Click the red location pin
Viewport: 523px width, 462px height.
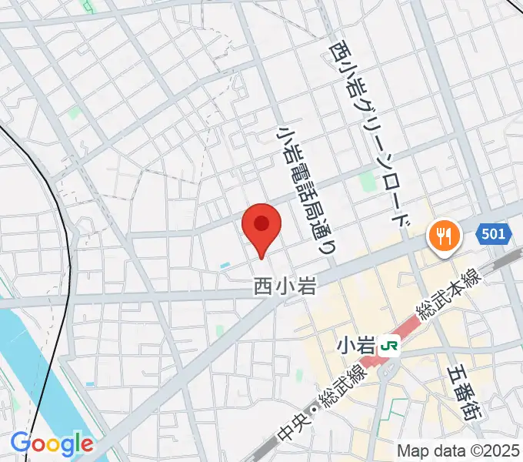click(261, 229)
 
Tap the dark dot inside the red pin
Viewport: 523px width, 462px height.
click(261, 224)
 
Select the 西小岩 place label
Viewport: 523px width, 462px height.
click(285, 287)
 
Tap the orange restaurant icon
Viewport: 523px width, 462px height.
click(444, 235)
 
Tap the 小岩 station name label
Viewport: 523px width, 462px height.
click(353, 346)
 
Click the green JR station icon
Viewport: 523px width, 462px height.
click(391, 346)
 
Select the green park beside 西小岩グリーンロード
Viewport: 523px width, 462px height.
click(367, 182)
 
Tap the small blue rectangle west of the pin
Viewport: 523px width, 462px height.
click(224, 266)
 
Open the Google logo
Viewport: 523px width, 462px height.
click(52, 444)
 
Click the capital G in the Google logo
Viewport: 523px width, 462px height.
click(20, 443)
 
